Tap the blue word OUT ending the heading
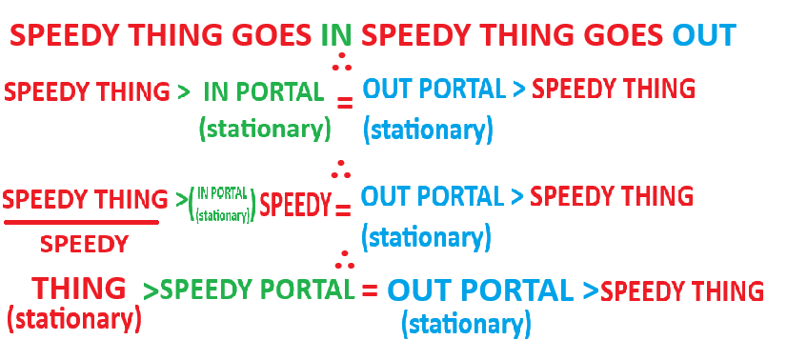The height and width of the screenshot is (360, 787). (x=704, y=35)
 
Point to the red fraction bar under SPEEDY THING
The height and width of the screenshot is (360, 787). (x=81, y=222)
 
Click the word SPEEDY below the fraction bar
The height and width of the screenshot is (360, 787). (x=84, y=244)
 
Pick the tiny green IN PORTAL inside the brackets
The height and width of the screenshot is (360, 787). (x=222, y=193)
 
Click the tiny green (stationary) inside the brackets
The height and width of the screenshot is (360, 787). (x=223, y=215)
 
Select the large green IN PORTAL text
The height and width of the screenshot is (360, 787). (x=264, y=91)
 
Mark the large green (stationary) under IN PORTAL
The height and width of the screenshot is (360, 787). (x=266, y=129)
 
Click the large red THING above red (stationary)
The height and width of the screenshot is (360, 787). (x=79, y=289)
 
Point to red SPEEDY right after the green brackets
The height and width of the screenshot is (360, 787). (x=295, y=204)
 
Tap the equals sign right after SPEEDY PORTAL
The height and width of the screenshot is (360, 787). (x=370, y=290)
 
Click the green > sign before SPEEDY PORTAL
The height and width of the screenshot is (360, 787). (x=151, y=291)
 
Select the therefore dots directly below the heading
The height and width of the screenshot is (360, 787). (x=342, y=60)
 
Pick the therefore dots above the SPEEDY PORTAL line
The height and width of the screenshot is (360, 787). (x=344, y=259)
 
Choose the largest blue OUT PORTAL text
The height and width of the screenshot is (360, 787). (x=480, y=290)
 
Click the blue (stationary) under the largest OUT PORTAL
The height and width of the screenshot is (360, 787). (x=466, y=325)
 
